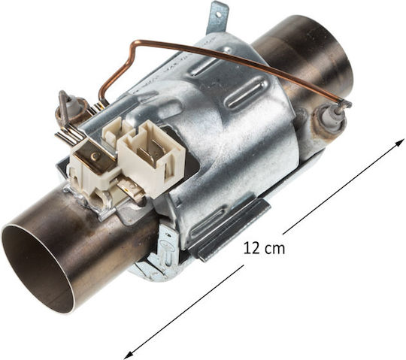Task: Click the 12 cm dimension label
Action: pyautogui.click(x=264, y=249)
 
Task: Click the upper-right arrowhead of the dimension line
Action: pyautogui.click(x=401, y=141)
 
